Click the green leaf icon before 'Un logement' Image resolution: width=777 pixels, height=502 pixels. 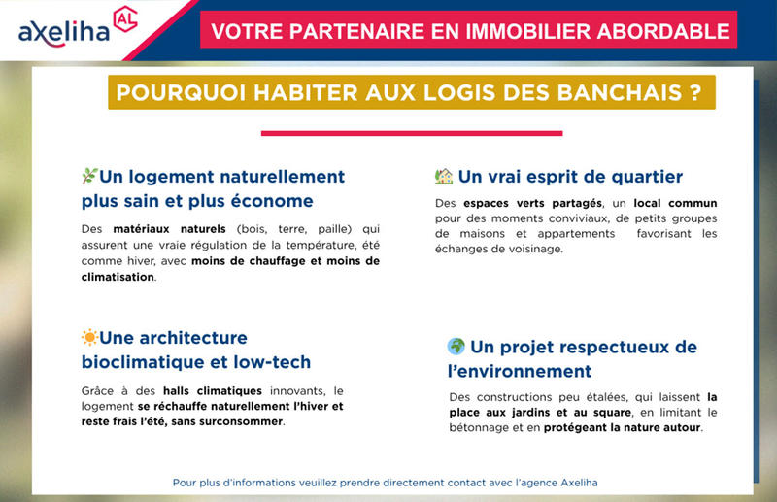pos(89,177)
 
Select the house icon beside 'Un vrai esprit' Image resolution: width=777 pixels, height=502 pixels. pos(444,177)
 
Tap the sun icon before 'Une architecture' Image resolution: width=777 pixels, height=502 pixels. pos(89,338)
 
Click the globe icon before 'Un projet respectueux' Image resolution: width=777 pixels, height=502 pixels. pos(456,347)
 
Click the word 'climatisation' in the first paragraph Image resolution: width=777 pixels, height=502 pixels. pos(118,277)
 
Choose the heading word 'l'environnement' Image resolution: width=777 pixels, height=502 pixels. pos(519,372)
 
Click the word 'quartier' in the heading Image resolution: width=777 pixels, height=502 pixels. pos(644,177)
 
